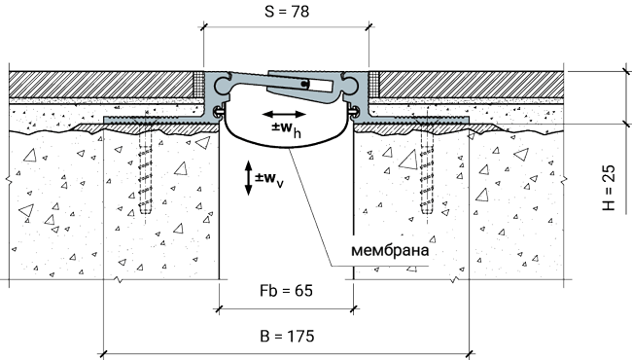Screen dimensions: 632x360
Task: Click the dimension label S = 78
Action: (287, 12)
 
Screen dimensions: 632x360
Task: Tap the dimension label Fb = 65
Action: (286, 291)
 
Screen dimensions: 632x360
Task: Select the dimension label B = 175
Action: (287, 336)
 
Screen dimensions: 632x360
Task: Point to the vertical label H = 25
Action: (609, 188)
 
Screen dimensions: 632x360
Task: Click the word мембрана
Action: (390, 250)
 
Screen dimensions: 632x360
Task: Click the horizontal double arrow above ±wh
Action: (284, 114)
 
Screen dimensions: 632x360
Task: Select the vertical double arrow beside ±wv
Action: (249, 178)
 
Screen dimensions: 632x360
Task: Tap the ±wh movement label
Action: (286, 128)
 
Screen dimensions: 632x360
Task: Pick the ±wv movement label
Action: (268, 179)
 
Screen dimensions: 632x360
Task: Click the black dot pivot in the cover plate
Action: (305, 84)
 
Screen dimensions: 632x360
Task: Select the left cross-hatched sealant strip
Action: (198, 85)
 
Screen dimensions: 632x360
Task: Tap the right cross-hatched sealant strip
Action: (373, 85)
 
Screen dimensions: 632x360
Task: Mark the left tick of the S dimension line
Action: (203, 27)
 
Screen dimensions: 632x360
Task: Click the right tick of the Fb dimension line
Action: (354, 309)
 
